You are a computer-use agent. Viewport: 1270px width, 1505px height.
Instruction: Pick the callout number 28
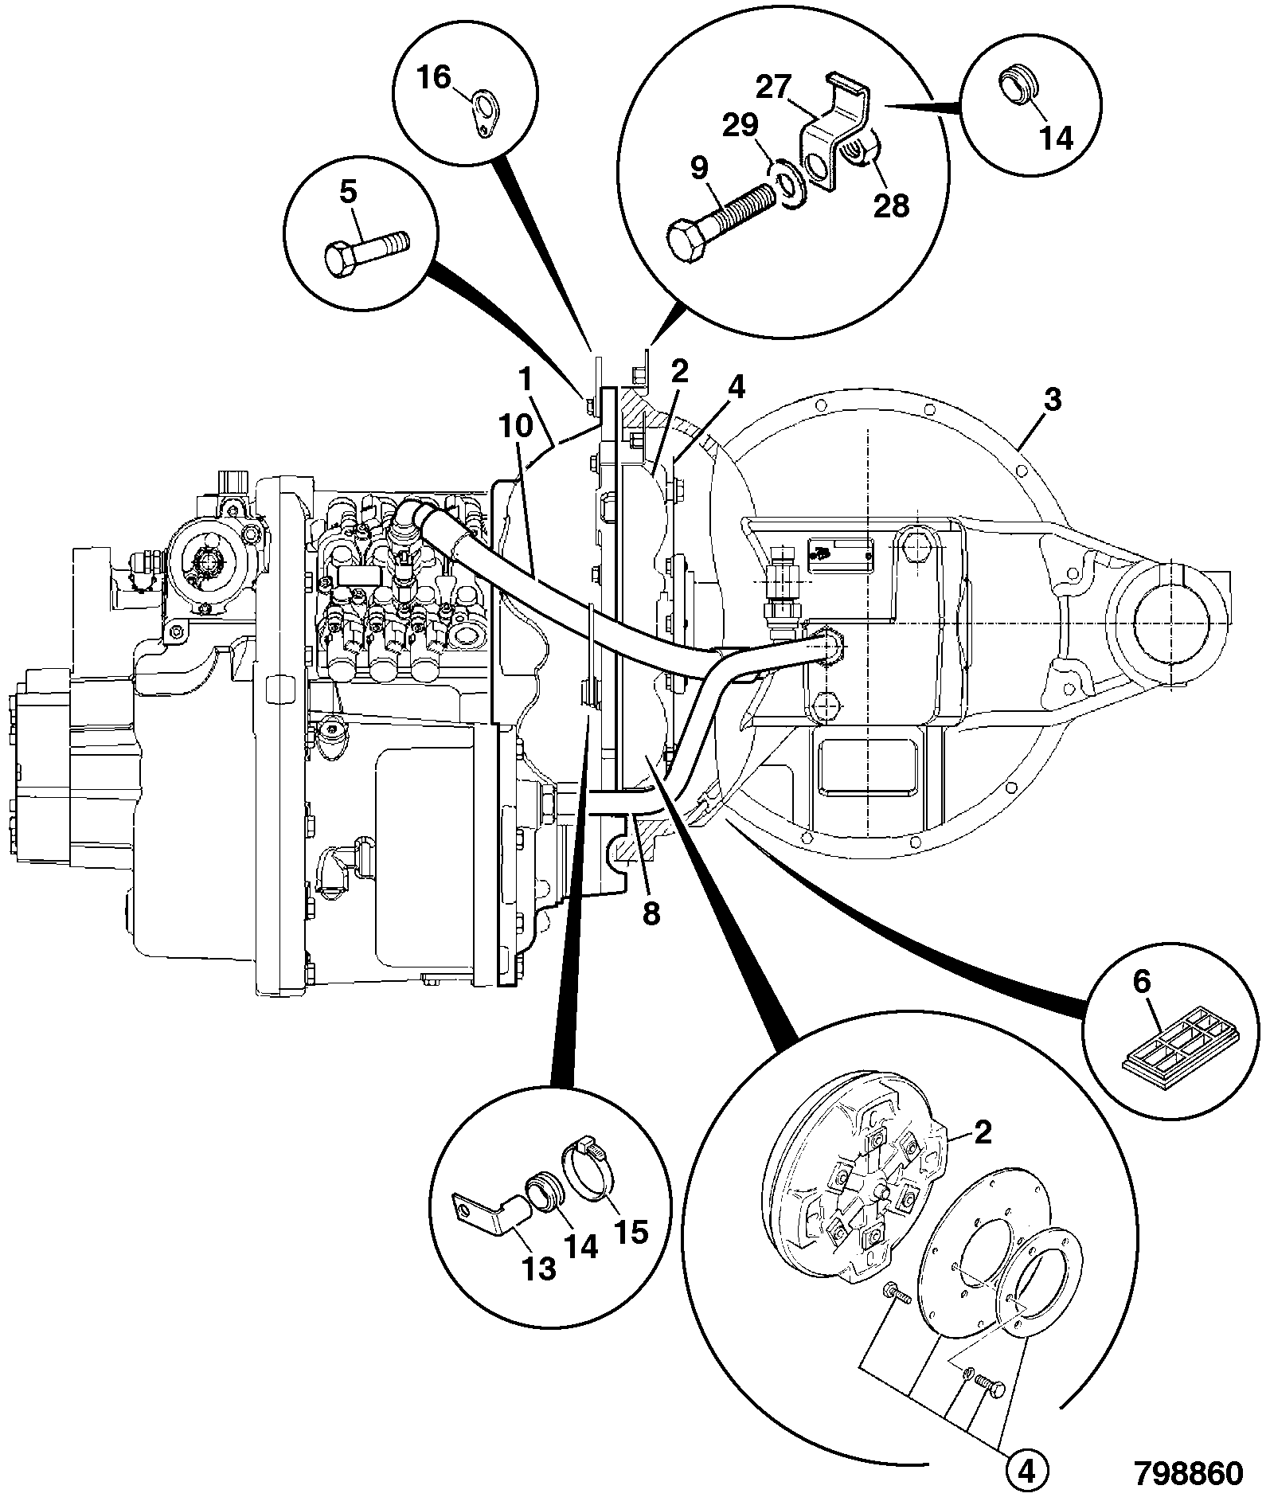point(891,205)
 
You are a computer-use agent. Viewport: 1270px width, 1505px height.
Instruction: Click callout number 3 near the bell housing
point(1052,400)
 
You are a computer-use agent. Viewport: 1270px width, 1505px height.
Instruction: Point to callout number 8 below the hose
point(651,913)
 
